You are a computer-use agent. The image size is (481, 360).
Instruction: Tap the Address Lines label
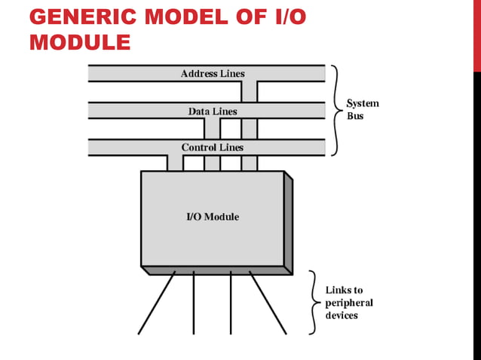213,74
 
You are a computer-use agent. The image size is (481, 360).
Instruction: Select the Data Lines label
213,111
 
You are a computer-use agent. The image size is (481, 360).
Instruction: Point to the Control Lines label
212,148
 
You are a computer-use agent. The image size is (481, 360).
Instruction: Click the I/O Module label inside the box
213,217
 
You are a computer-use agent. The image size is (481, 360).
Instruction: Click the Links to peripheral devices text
348,303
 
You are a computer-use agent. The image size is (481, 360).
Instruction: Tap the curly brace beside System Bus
335,110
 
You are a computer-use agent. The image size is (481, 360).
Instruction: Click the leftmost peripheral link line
156,303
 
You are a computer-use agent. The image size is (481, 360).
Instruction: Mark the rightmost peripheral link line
268,303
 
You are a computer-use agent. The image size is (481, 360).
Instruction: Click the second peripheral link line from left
194,303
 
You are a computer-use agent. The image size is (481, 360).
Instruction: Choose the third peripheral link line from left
231,303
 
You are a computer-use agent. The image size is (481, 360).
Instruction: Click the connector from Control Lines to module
174,163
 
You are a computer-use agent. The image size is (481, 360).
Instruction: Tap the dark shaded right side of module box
288,222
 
